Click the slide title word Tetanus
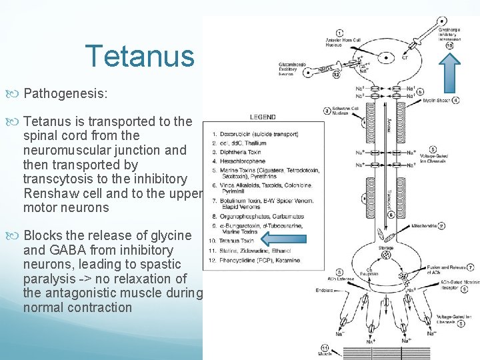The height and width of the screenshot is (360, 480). [x=139, y=56]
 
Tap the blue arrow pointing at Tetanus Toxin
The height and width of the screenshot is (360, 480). [x=281, y=238]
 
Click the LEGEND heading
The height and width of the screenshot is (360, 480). [x=263, y=117]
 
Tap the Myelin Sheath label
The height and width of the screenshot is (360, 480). [x=437, y=101]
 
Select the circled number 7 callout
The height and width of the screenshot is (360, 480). [x=471, y=267]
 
